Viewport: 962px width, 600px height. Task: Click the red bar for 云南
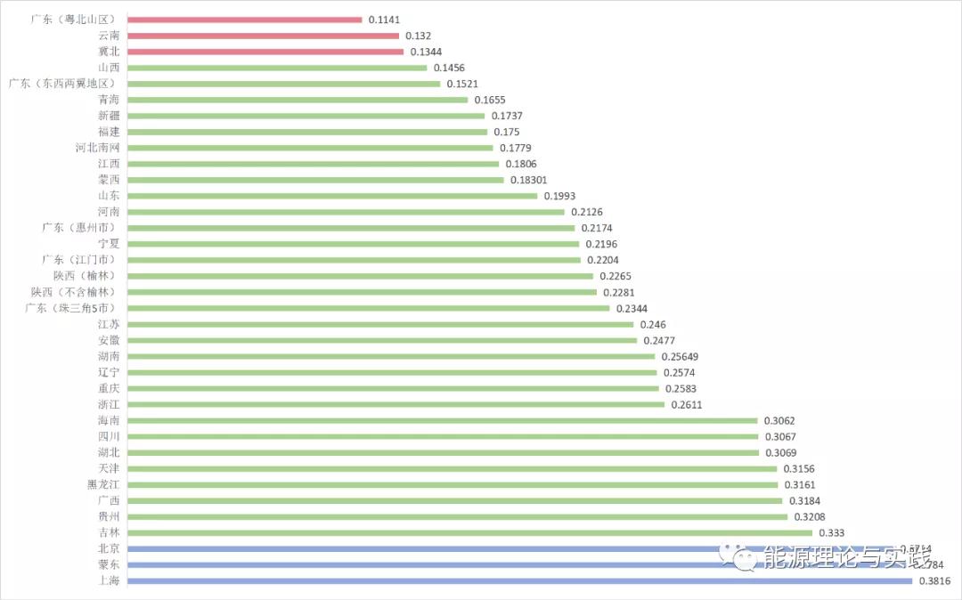pyautogui.click(x=263, y=36)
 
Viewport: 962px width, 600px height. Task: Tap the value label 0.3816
pyautogui.click(x=934, y=581)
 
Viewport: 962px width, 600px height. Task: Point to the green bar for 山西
pyautogui.click(x=277, y=68)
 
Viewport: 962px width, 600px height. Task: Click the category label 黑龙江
pyautogui.click(x=103, y=484)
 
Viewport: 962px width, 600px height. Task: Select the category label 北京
pyautogui.click(x=109, y=548)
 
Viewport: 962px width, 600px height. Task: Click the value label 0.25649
pyautogui.click(x=680, y=356)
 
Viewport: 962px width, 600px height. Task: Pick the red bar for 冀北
pyautogui.click(x=265, y=52)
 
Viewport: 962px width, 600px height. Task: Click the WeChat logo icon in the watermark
pyautogui.click(x=741, y=557)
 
